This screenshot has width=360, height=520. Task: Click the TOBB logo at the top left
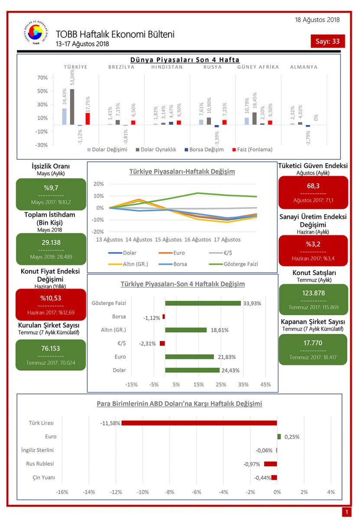coord(32,35)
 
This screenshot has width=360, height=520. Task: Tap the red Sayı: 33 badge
coord(328,42)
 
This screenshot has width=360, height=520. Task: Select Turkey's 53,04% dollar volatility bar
coord(72,107)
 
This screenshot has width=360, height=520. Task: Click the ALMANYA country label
coord(304,67)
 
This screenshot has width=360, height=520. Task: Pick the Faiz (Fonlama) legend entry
coord(255,149)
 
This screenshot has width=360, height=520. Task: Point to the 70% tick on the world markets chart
coord(42,78)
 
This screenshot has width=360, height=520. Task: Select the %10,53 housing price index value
coord(51,298)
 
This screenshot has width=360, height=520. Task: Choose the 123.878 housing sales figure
coord(313,293)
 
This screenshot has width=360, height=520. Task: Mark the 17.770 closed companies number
coord(313,343)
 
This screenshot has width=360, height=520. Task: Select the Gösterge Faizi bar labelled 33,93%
coord(203,303)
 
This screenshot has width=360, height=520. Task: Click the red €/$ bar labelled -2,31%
coord(162,343)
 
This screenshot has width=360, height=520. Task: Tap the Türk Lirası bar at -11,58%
coord(199,423)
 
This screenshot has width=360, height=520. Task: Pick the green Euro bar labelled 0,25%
coord(279,437)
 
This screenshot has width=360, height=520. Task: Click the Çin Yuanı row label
coord(44,478)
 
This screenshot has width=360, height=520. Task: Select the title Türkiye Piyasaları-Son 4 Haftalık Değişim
coord(182,284)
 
